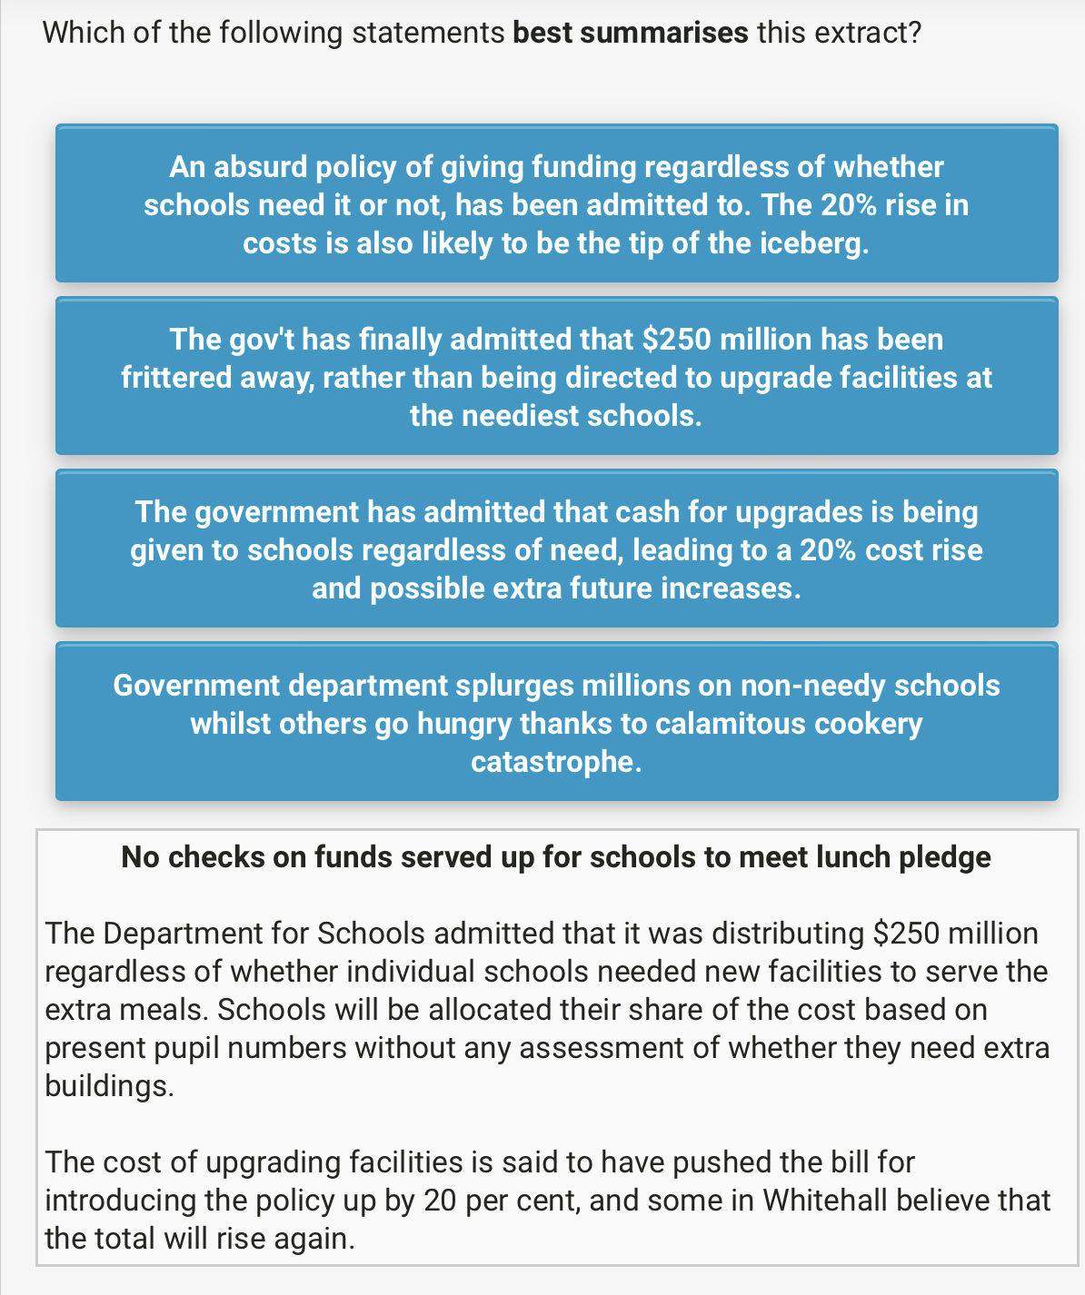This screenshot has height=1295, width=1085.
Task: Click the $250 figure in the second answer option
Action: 677,340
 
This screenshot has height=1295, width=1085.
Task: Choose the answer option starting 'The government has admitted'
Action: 556,549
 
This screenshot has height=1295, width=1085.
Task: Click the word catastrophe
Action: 556,761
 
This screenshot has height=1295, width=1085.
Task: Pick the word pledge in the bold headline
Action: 945,857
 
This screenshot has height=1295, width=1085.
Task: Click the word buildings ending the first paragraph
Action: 109,1086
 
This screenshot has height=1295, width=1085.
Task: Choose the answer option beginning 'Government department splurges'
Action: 556,722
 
